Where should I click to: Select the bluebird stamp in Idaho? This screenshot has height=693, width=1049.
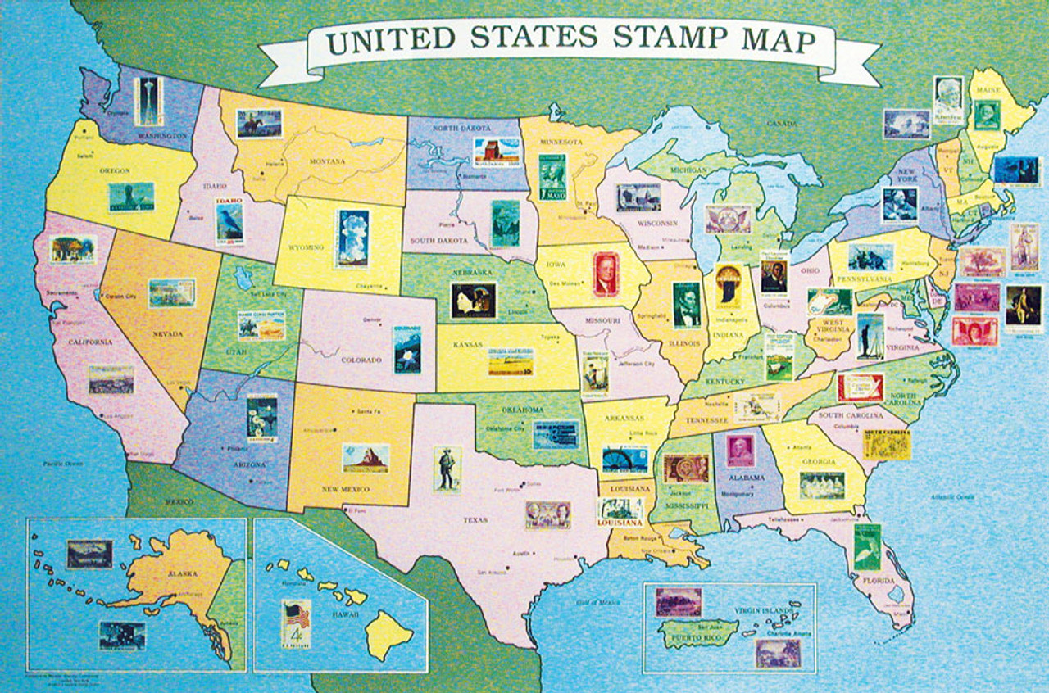(x=229, y=221)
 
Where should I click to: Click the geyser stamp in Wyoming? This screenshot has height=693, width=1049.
(x=352, y=238)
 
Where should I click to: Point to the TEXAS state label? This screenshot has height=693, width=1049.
(x=475, y=519)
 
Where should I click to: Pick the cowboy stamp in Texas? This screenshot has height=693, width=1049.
(x=447, y=469)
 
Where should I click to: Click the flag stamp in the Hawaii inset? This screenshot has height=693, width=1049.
(x=296, y=624)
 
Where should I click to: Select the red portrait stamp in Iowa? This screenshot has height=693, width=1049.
(x=606, y=274)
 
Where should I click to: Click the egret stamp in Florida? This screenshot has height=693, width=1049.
(x=866, y=547)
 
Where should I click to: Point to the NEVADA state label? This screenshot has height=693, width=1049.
(x=168, y=334)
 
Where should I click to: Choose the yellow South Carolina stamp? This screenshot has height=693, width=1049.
(x=887, y=443)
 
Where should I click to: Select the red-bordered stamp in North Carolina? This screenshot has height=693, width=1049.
(x=861, y=387)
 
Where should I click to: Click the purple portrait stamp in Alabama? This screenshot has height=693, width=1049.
(x=740, y=451)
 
